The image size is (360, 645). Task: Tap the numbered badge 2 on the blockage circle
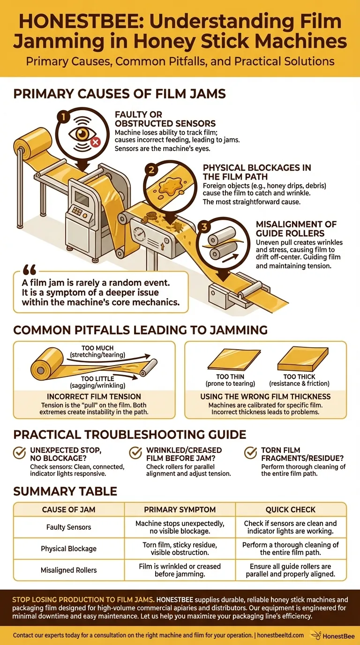tap(151, 170)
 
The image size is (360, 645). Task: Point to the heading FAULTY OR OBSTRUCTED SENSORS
tap(165, 119)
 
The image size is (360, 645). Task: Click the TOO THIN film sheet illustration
tap(229, 361)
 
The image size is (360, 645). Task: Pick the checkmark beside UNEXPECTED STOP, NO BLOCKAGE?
tap(19, 453)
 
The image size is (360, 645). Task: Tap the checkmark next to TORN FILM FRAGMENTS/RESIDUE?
tap(251, 453)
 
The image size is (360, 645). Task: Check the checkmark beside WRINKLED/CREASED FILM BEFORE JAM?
tap(135, 453)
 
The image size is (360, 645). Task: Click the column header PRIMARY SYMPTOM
tap(180, 510)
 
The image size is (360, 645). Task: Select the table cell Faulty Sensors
tap(69, 527)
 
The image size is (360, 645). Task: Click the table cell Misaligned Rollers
tap(69, 570)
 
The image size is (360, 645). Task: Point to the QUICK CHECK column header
tap(291, 510)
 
